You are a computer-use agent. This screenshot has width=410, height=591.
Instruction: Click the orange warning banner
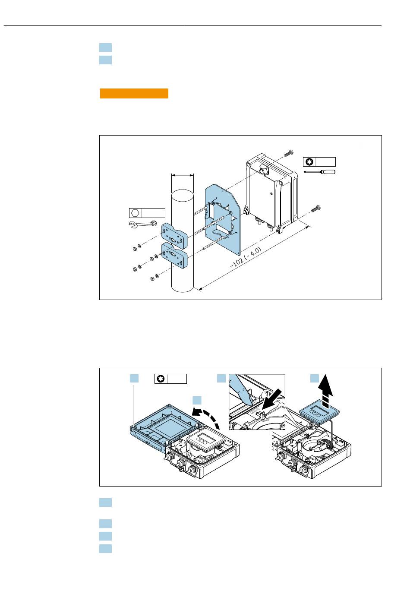coord(134,93)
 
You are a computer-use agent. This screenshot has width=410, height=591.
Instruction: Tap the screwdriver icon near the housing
coord(319,172)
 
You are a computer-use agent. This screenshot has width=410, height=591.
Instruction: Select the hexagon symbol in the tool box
coord(135,212)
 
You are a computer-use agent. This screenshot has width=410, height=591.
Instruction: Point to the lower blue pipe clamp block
coord(174,255)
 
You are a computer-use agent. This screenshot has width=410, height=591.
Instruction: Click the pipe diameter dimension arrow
coord(183,175)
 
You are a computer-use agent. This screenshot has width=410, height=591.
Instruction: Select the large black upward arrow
coord(328,391)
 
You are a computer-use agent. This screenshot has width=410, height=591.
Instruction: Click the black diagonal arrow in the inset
coord(273,399)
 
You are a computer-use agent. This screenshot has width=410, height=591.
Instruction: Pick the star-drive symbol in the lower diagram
coord(161,379)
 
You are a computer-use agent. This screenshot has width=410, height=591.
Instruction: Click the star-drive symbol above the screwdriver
coord(309,162)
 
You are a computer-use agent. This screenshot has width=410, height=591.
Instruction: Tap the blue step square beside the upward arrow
coord(315,379)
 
